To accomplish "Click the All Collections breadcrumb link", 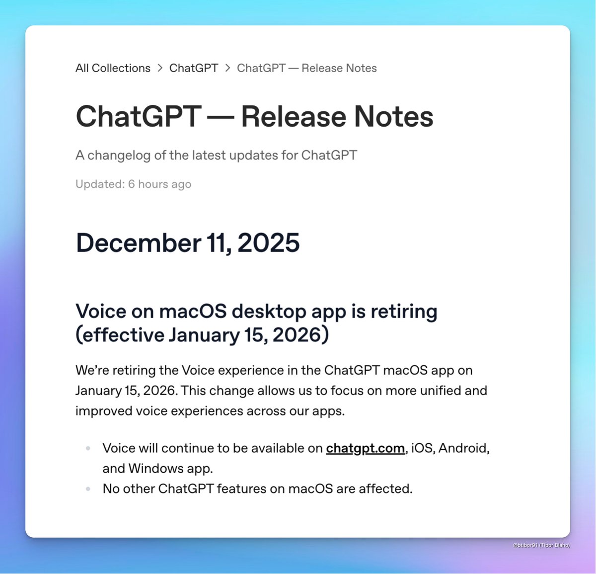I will (x=113, y=68).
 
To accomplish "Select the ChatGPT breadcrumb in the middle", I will (x=193, y=68).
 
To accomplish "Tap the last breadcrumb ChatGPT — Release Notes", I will (x=306, y=68).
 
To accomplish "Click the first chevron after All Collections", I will (x=160, y=68).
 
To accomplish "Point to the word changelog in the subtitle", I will (x=119, y=155).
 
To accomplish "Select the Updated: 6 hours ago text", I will (x=133, y=184).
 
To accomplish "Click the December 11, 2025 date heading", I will (x=187, y=243).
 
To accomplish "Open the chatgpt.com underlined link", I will (x=365, y=448).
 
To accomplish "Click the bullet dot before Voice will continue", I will (x=88, y=448).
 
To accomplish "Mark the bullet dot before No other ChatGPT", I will (x=88, y=489).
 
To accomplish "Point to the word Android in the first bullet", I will (x=463, y=448).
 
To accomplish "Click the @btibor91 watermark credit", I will (x=541, y=545).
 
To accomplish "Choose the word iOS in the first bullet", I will (x=421, y=448).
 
